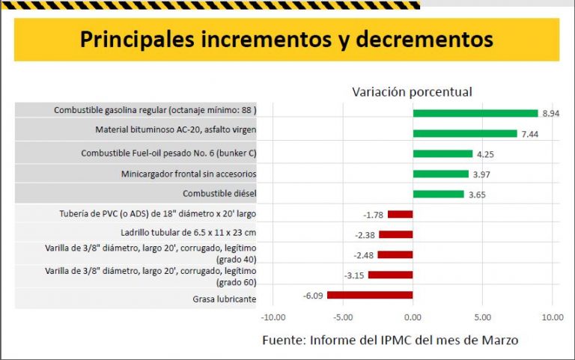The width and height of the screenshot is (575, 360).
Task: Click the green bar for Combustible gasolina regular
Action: [x=475, y=113]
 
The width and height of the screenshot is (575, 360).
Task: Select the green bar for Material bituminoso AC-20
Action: [x=464, y=133]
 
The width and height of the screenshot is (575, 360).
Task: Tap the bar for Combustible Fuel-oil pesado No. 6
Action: [x=442, y=153]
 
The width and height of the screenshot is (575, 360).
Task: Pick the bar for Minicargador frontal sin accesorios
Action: [x=440, y=174]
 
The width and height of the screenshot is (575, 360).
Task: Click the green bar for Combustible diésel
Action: [x=438, y=194]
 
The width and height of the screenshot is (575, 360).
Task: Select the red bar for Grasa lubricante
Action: [x=370, y=295]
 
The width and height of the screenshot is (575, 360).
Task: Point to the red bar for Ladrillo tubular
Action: [x=396, y=234]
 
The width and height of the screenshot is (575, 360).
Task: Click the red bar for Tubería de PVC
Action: [x=400, y=214]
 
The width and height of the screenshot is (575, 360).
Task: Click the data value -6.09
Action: [x=313, y=295]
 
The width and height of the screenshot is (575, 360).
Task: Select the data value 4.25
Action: [x=484, y=153]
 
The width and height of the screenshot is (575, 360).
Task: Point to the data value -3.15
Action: [x=354, y=275]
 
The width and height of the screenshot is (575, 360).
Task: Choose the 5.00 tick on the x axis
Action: [x=483, y=317]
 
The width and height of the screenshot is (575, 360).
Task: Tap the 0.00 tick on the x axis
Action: [x=413, y=317]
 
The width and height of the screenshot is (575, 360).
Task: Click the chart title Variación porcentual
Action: [x=412, y=91]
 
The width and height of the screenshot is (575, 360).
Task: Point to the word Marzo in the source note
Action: [x=499, y=341]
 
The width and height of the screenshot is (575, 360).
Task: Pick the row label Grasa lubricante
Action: [x=225, y=299]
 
